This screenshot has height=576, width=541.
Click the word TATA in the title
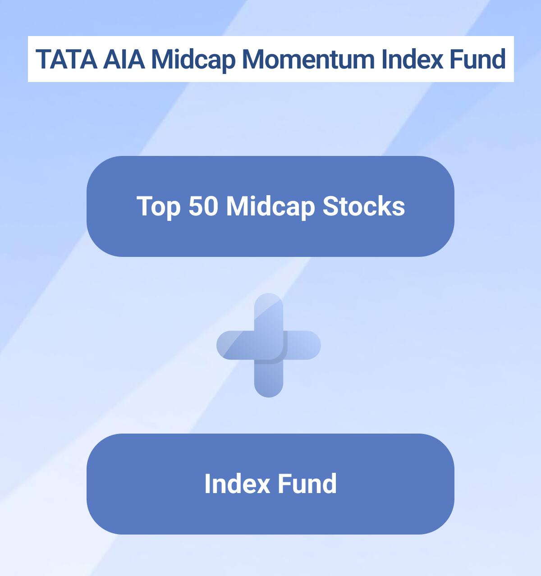pyautogui.click(x=66, y=59)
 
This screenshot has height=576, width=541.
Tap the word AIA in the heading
pyautogui.click(x=124, y=59)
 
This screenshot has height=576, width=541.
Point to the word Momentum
pyautogui.click(x=308, y=59)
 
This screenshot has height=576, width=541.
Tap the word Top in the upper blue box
pyautogui.click(x=158, y=206)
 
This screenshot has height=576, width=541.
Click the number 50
pyautogui.click(x=203, y=206)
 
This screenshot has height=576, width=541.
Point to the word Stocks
pyautogui.click(x=363, y=206)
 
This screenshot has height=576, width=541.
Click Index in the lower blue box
pyautogui.click(x=237, y=484)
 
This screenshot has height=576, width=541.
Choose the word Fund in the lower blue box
pyautogui.click(x=307, y=484)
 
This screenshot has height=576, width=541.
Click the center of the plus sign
pyautogui.click(x=269, y=345)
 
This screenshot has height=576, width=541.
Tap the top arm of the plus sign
pyautogui.click(x=269, y=311)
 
